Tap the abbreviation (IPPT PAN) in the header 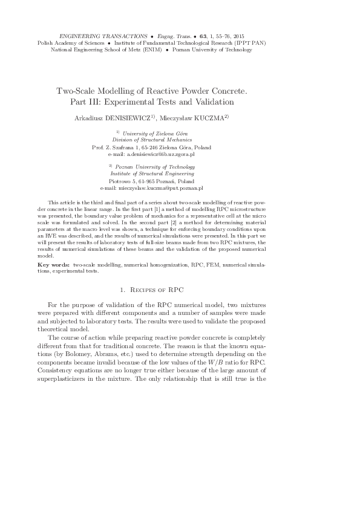click(x=254, y=44)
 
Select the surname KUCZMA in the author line click(x=207, y=117)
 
